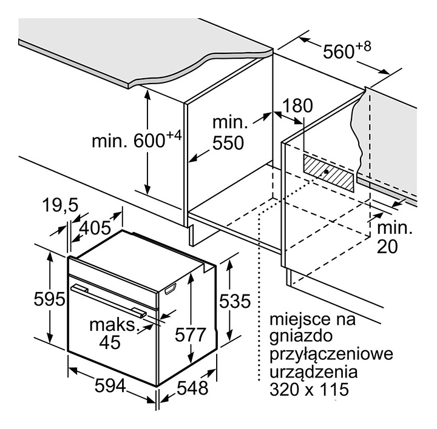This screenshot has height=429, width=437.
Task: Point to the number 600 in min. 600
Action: (149, 141)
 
